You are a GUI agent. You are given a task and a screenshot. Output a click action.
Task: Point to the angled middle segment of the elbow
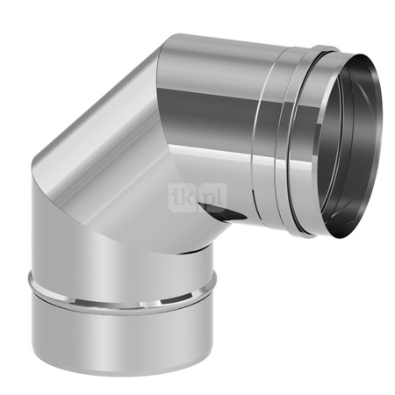tap(114, 167)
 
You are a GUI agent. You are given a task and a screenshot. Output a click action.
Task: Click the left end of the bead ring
tap(30, 279)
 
